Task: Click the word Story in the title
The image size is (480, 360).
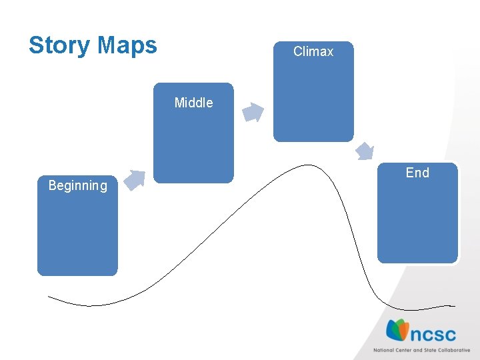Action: point(59,45)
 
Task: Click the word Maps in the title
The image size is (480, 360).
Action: point(127,45)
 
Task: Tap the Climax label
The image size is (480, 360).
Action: point(313,51)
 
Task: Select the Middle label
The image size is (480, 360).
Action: point(193,103)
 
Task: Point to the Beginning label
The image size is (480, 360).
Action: point(77,185)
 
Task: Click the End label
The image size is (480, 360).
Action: point(417,173)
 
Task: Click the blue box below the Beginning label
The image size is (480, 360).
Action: point(77,233)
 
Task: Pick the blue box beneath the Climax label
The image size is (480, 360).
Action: point(313,100)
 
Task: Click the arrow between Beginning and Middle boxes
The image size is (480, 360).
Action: point(135,180)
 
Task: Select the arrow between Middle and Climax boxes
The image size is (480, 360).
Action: point(253,113)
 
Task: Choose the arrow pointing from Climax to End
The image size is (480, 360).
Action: point(365,151)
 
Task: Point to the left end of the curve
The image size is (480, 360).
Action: point(49,296)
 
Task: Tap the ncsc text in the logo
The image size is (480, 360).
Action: point(433,333)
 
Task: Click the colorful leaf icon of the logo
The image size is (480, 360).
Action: point(397,330)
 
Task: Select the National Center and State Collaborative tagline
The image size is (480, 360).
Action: point(421,350)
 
